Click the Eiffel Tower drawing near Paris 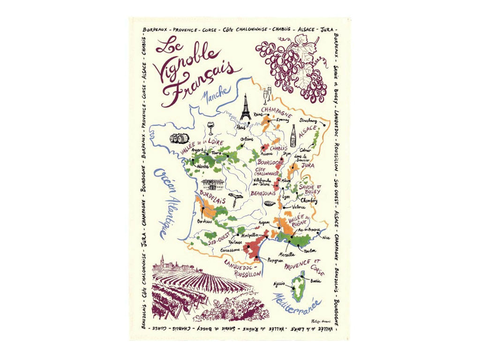[x=245, y=108]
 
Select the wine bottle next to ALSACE [x=293, y=136]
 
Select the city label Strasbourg [x=309, y=120]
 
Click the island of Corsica [x=298, y=285]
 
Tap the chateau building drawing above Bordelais [x=213, y=184]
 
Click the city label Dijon [x=286, y=153]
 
